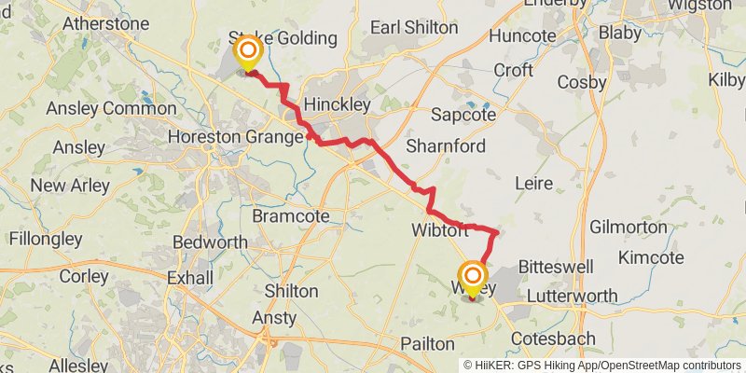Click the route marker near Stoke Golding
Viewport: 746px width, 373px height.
pos(248,52)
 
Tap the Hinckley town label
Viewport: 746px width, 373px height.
pos(338,104)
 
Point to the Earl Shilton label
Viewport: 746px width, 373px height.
pos(414,28)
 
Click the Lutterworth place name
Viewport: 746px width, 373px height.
pos(573,296)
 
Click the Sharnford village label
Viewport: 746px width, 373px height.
pos(445,146)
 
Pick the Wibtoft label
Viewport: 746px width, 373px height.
pos(439,229)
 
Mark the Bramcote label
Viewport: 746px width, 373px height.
pos(291,215)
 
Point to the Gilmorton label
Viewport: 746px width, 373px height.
pos(629,227)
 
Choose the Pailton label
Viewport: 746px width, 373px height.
pos(427,344)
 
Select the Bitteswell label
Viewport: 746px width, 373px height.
pos(556,268)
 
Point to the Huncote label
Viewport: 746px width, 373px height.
pos(521,37)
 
